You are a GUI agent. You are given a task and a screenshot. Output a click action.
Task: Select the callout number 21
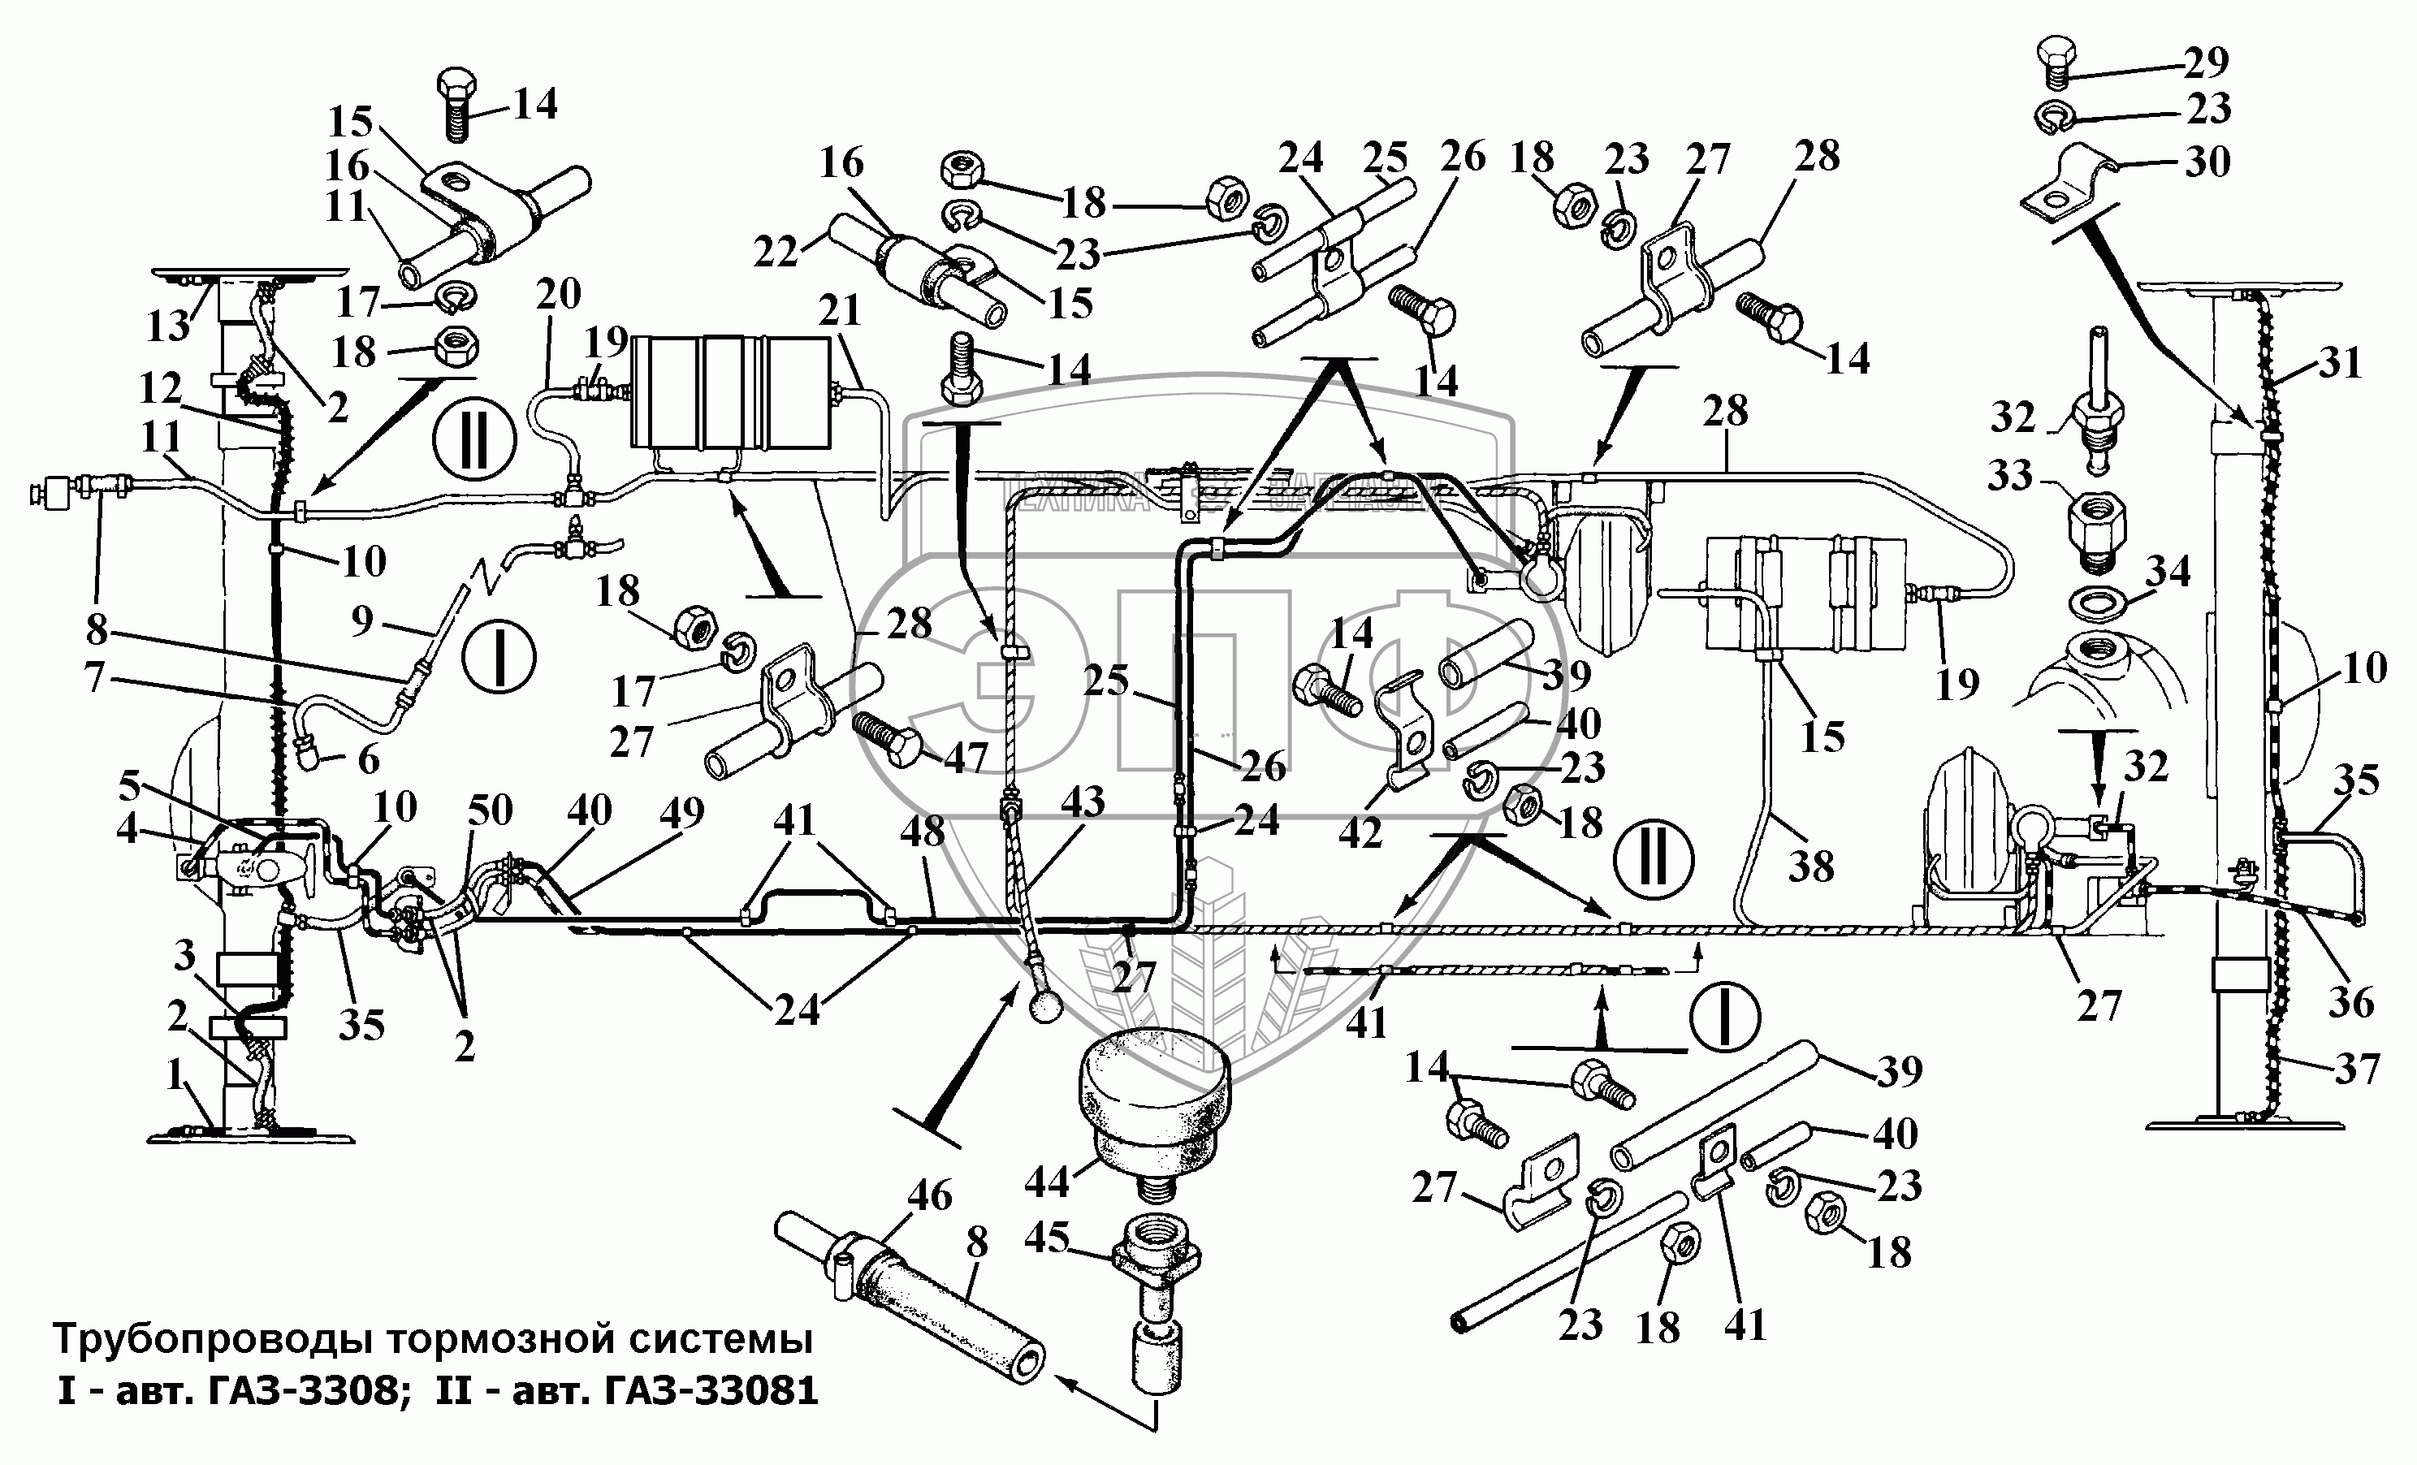coord(840,311)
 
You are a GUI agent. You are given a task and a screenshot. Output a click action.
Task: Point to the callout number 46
coord(930,1195)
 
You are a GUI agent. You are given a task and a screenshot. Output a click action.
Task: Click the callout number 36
coord(2351,1001)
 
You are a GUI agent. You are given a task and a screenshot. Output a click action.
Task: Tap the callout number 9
coord(363,620)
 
